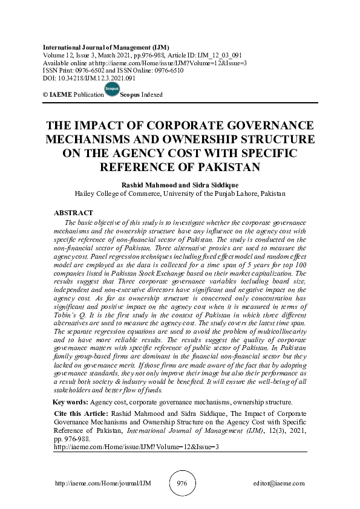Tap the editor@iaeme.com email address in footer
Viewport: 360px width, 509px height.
(x=280, y=484)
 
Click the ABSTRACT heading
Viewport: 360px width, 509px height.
(x=73, y=213)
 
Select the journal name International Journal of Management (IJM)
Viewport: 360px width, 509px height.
(x=106, y=47)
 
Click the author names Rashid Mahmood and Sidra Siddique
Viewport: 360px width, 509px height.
(x=180, y=185)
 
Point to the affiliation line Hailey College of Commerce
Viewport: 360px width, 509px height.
(x=180, y=194)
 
